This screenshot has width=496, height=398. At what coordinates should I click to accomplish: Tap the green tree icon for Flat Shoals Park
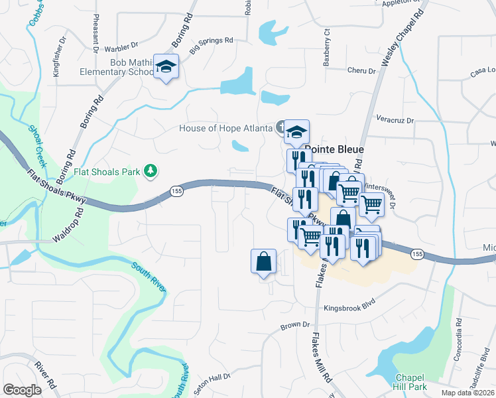click(x=151, y=172)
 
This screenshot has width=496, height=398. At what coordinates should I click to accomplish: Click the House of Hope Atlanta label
click(x=226, y=128)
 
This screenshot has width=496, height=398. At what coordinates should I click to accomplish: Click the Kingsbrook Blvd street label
click(x=349, y=308)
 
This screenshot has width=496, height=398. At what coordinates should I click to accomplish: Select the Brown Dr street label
click(x=295, y=326)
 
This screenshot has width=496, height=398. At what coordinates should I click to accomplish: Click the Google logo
click(x=22, y=390)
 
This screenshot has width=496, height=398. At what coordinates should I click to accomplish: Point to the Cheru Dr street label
click(x=361, y=70)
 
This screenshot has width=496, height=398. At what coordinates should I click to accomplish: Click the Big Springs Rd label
click(x=211, y=40)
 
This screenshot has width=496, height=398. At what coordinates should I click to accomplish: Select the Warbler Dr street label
click(x=119, y=47)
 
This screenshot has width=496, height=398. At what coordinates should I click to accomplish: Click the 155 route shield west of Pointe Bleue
click(x=175, y=190)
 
